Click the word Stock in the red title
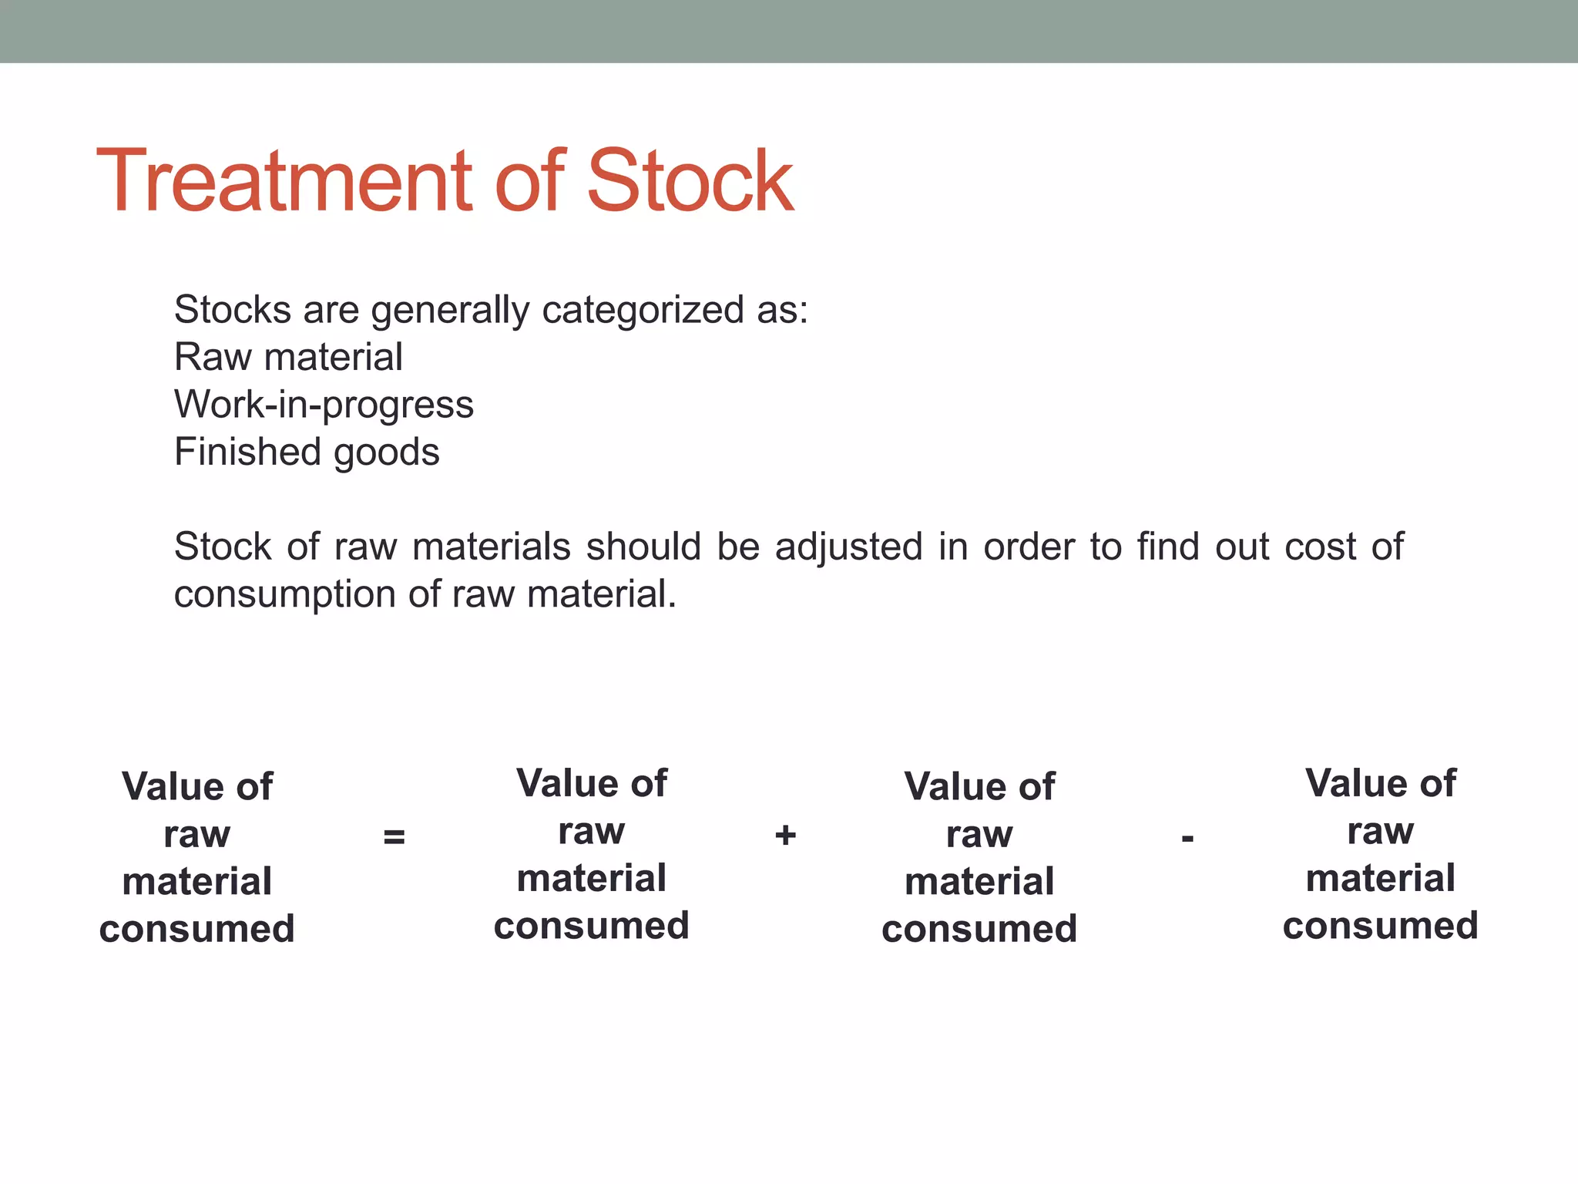click(x=689, y=182)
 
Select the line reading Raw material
click(x=288, y=358)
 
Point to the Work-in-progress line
click(x=324, y=405)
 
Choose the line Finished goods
click(x=307, y=452)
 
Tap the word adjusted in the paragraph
click(x=848, y=547)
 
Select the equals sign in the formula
click(x=394, y=837)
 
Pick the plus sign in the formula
click(x=785, y=836)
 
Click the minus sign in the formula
click(x=1187, y=838)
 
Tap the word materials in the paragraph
click(x=491, y=547)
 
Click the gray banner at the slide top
click(x=789, y=31)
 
